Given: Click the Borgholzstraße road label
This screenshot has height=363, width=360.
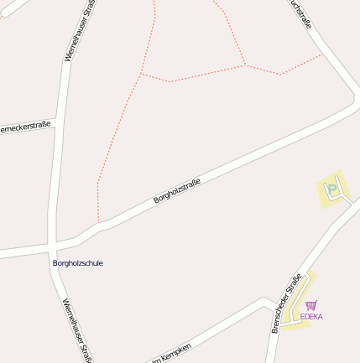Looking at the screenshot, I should coord(177,189).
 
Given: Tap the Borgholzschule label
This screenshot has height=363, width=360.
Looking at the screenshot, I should coord(78,263).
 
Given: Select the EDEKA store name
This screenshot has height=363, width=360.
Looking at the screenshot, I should coord(311,317).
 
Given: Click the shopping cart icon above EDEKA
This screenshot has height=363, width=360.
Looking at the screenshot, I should coord(311,306).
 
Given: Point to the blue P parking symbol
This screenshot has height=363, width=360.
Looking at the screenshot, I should coord(333,189).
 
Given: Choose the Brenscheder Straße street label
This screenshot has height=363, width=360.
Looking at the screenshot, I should coord(286,304).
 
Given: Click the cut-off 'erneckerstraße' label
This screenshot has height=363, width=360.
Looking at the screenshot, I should coord(25,127).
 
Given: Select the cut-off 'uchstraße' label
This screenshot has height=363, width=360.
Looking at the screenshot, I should coord(300,14).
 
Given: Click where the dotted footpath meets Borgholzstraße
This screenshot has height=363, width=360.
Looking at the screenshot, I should coord(99,223).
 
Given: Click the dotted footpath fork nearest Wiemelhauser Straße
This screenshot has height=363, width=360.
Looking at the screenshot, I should coord(141,75).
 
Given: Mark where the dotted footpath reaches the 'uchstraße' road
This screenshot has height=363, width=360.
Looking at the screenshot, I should coord(323,55).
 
